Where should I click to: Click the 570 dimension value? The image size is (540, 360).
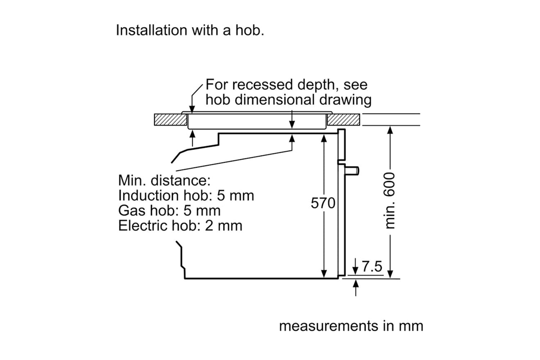[323, 203]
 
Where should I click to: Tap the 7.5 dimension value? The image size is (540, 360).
[372, 267]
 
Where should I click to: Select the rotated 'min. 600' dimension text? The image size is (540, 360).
[390, 200]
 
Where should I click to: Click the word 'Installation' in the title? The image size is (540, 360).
[151, 30]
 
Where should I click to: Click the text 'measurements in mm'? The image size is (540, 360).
[351, 326]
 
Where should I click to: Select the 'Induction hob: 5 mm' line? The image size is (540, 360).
[186, 195]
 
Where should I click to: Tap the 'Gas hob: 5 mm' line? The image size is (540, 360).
[169, 211]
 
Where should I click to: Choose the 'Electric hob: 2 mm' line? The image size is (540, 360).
[180, 226]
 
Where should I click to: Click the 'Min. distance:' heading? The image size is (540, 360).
[164, 180]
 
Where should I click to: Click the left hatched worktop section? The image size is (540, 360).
[170, 120]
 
